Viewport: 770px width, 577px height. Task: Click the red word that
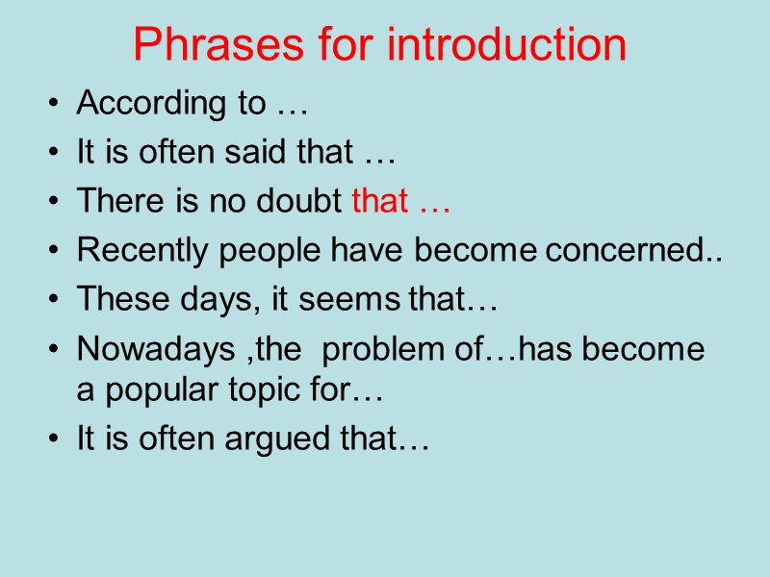(377, 201)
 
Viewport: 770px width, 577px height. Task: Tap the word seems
(359, 301)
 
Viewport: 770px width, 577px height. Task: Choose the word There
(113, 201)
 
